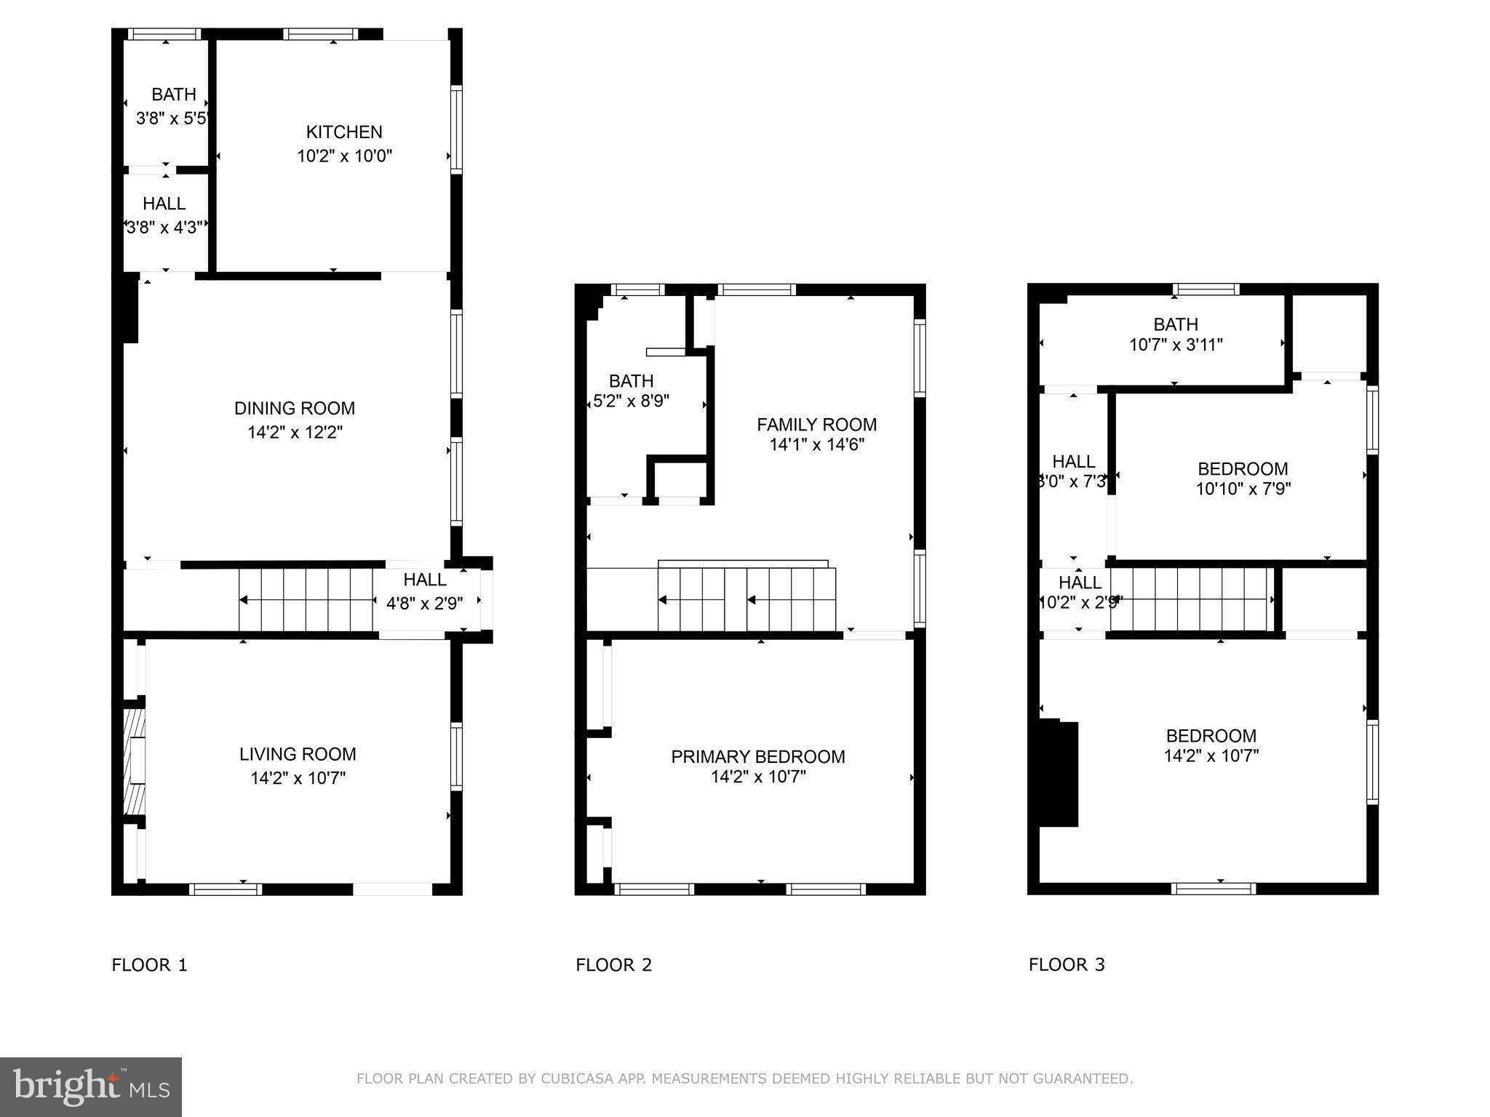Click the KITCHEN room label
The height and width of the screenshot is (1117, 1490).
click(343, 132)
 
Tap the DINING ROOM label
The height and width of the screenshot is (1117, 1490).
click(294, 409)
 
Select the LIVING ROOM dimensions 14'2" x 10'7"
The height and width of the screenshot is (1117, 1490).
click(298, 778)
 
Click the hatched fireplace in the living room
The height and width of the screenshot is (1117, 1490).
click(134, 761)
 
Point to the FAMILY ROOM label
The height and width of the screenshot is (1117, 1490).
click(816, 425)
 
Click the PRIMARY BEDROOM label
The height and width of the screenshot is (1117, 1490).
click(757, 757)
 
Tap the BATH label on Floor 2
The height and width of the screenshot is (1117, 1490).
click(631, 381)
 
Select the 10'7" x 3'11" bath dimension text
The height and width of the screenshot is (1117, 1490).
click(1175, 345)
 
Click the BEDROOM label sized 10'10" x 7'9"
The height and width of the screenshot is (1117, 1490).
click(1243, 469)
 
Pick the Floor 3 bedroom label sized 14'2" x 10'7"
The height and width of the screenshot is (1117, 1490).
click(1211, 736)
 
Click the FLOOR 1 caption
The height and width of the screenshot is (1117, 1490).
click(149, 965)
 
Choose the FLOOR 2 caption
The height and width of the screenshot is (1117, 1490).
click(613, 965)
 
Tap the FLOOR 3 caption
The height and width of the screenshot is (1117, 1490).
click(1066, 965)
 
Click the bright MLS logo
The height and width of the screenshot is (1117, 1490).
click(91, 1086)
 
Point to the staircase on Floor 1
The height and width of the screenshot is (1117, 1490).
click(306, 600)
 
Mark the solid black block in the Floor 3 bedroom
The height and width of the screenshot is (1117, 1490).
click(1058, 774)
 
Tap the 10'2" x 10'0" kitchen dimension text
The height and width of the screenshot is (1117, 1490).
click(344, 156)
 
